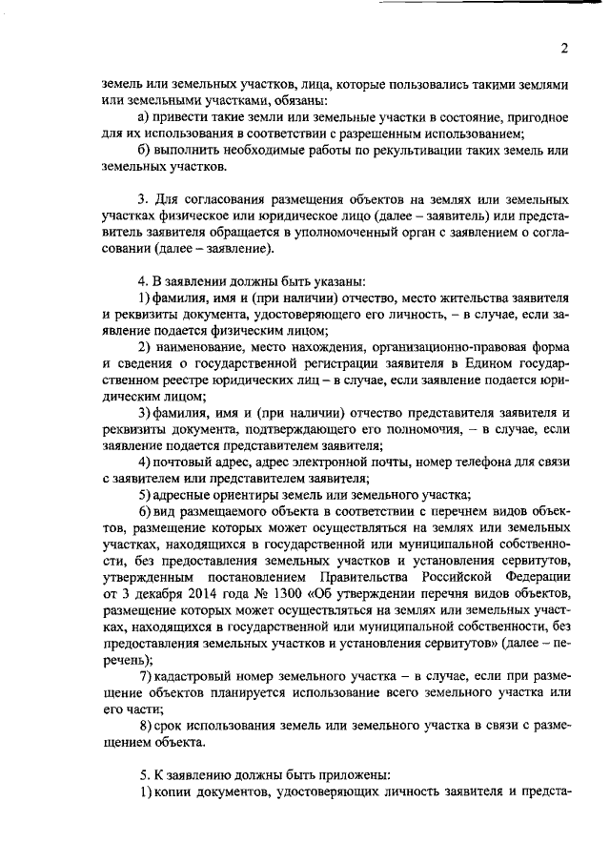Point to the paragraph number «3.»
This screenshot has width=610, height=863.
coord(143,200)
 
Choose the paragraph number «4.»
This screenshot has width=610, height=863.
coord(143,282)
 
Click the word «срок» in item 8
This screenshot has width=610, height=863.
coord(168,726)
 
